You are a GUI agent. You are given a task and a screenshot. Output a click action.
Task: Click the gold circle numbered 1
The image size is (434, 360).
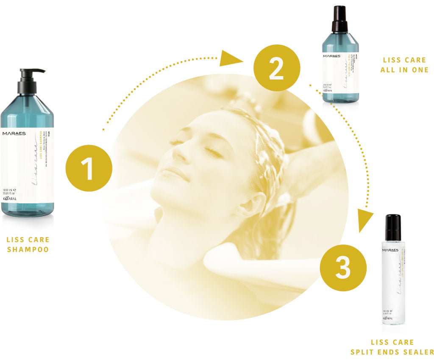(89, 169)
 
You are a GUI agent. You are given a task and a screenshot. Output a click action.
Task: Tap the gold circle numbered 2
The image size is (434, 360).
(276, 69)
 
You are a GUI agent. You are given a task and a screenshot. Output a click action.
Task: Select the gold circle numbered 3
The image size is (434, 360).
(343, 267)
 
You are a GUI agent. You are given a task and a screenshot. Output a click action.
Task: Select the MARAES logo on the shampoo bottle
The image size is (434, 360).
(14, 133)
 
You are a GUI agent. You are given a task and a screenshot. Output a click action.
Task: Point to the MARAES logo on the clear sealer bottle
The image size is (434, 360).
(391, 250)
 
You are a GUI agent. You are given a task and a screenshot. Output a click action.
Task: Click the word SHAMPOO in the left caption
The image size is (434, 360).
(28, 249)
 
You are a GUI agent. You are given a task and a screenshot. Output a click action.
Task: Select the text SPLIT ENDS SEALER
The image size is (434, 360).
(392, 352)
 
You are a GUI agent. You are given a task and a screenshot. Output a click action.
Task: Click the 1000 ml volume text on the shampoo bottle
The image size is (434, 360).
(9, 190)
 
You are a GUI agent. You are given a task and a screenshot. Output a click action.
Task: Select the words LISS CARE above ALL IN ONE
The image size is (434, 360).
(404, 60)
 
